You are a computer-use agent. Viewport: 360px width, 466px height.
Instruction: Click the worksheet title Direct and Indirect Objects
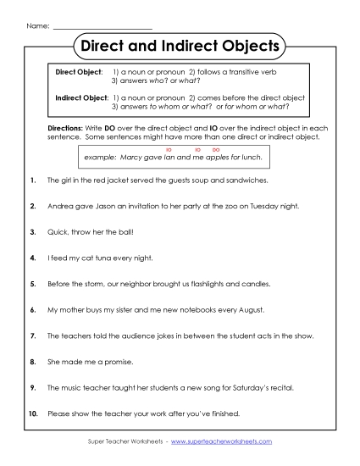[179, 44]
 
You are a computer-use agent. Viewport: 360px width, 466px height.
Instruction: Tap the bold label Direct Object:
[79, 74]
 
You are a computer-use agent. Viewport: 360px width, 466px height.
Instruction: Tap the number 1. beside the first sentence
[32, 181]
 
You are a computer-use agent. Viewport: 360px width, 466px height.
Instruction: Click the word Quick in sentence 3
[58, 232]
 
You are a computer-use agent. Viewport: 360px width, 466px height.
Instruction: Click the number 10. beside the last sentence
[32, 414]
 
